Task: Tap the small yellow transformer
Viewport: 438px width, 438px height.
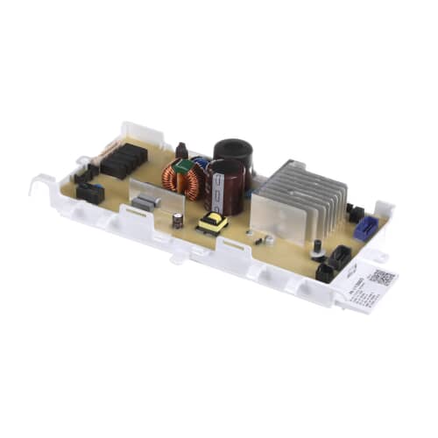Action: (x=213, y=223)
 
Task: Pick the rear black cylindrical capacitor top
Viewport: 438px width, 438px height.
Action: (x=233, y=149)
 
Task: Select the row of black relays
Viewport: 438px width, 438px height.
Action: (x=123, y=160)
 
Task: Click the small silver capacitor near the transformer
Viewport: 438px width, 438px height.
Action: (x=177, y=221)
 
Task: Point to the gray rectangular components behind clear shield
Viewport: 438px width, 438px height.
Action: (x=145, y=203)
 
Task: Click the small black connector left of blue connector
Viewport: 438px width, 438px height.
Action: (x=355, y=213)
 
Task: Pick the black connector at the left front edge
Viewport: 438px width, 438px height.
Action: (x=89, y=192)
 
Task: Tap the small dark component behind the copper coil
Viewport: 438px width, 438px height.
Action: (x=181, y=150)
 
